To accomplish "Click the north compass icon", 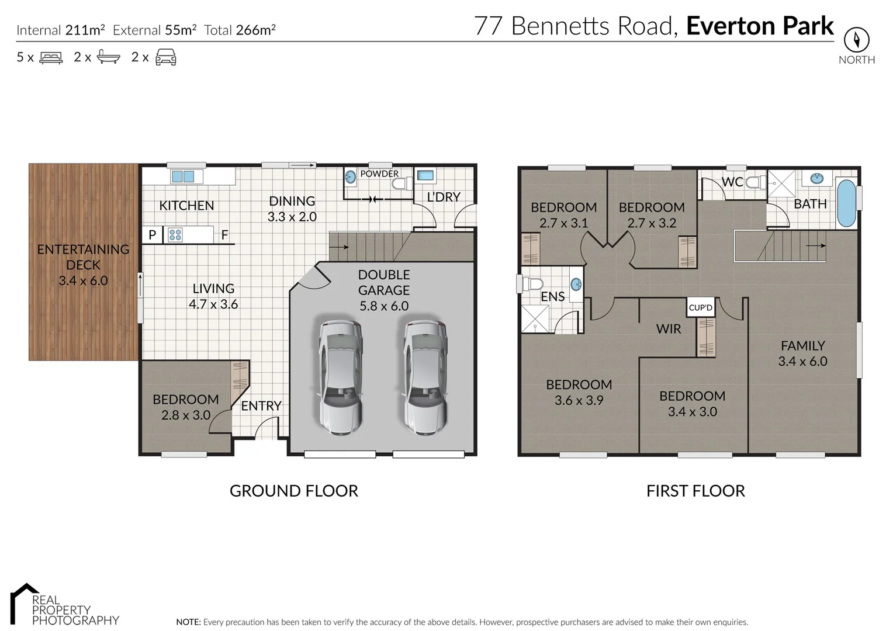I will coord(856,40).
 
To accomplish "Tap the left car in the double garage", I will coord(340,377).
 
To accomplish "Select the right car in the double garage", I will coord(425,377).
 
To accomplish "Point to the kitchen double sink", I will coord(182,176).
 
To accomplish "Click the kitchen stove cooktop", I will coord(175,235).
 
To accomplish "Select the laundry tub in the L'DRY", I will coord(425,175).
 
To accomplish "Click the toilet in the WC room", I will coord(755,182).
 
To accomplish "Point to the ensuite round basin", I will coord(576,285).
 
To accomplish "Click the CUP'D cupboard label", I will coord(700,307).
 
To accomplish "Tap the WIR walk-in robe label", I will coord(668,329).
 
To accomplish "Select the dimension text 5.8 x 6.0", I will coord(383,306).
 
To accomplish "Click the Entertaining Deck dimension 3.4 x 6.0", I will coord(83,280).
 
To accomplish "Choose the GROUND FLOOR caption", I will coord(293,491).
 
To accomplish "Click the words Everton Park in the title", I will coord(760,26).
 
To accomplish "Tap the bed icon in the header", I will coord(51,57).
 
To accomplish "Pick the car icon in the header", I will coord(166,57).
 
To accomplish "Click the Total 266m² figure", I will coord(240,30).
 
